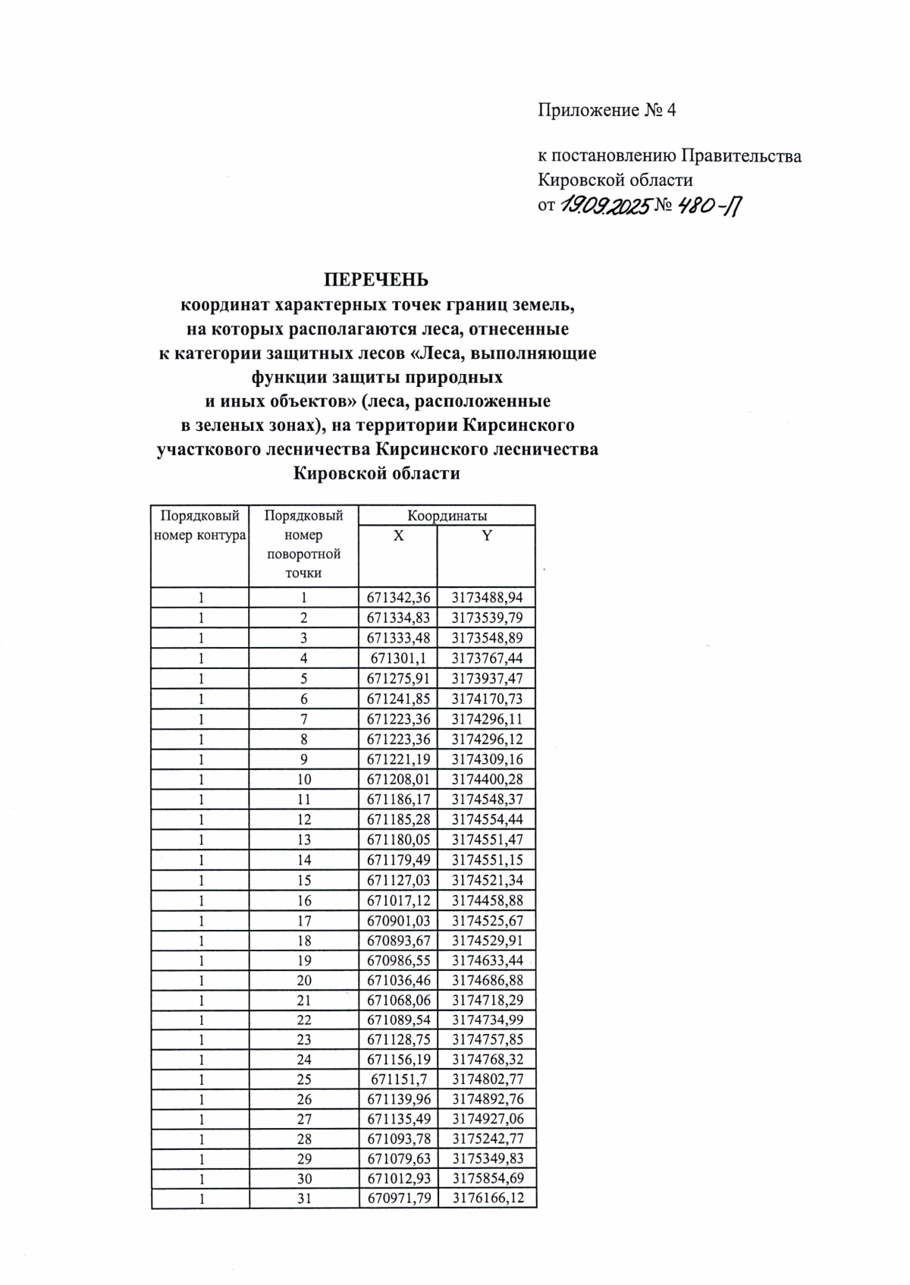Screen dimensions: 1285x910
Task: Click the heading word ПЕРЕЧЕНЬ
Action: [x=377, y=280]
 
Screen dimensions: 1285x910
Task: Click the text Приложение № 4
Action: [x=607, y=111]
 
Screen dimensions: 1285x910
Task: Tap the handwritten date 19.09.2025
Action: [x=606, y=206]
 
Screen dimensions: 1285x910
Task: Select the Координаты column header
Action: [x=447, y=516]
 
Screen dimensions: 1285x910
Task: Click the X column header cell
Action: [x=398, y=536]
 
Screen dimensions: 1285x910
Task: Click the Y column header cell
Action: [x=487, y=536]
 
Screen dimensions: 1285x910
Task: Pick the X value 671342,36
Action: [x=398, y=598]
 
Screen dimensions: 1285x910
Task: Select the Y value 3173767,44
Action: [x=487, y=658]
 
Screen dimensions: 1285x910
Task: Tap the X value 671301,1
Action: [x=398, y=658]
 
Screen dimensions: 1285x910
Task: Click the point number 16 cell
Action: [x=303, y=901]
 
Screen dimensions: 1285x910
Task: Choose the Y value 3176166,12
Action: [x=487, y=1199]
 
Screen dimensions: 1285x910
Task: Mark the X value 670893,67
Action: [x=398, y=941]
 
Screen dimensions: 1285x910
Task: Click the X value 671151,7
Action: [x=398, y=1079]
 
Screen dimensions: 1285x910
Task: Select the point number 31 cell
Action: [x=303, y=1199]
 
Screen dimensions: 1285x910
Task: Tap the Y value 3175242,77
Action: [x=487, y=1139]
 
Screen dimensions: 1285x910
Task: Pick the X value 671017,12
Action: [x=398, y=901]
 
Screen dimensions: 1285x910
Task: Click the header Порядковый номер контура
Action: [x=200, y=526]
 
